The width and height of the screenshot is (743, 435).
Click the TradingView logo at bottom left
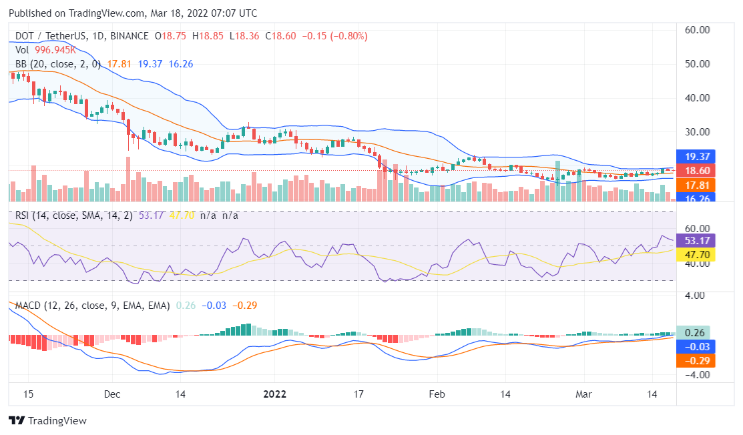pos(47,420)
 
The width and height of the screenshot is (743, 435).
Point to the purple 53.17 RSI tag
pos(696,240)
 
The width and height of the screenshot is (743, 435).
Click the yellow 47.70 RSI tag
pos(696,254)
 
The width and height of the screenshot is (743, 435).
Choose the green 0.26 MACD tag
pos(696,332)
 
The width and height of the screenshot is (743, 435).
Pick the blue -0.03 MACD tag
pos(696,346)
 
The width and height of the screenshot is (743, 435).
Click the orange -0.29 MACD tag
pos(696,360)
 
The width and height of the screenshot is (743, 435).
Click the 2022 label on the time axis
pos(274,394)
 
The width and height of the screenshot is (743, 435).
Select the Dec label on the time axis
pos(111,394)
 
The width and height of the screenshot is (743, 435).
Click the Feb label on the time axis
pos(437,394)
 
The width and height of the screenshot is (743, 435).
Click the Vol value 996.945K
pos(53,50)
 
